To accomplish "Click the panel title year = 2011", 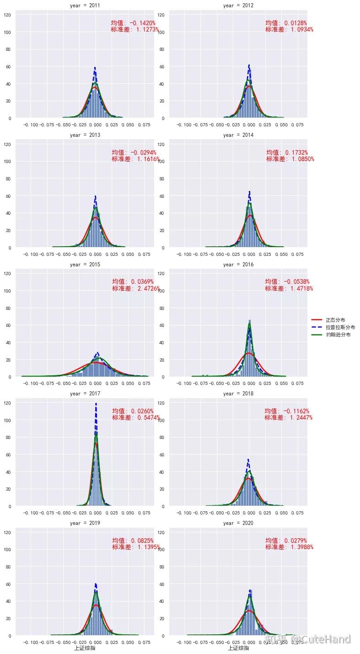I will pyautogui.click(x=85, y=5).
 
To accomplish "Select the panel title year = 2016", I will pyautogui.click(x=238, y=265).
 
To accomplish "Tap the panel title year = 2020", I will pyautogui.click(x=238, y=523).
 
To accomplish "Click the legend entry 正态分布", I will pyautogui.click(x=335, y=320).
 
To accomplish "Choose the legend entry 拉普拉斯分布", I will pyautogui.click(x=340, y=327).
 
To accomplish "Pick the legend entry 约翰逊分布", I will pyautogui.click(x=338, y=335).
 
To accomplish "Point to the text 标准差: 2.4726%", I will pyautogui.click(x=136, y=288).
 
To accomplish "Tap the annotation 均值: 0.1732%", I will pyautogui.click(x=287, y=152).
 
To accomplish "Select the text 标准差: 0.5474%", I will pyautogui.click(x=136, y=417).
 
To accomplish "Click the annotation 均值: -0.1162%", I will pyautogui.click(x=287, y=411).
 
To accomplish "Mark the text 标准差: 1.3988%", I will pyautogui.click(x=289, y=547).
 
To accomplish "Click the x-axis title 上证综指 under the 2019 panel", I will pyautogui.click(x=85, y=648).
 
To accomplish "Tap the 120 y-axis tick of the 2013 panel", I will pyautogui.click(x=8, y=144).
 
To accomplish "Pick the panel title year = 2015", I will pyautogui.click(x=85, y=265).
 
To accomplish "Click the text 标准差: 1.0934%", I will pyautogui.click(x=289, y=30).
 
